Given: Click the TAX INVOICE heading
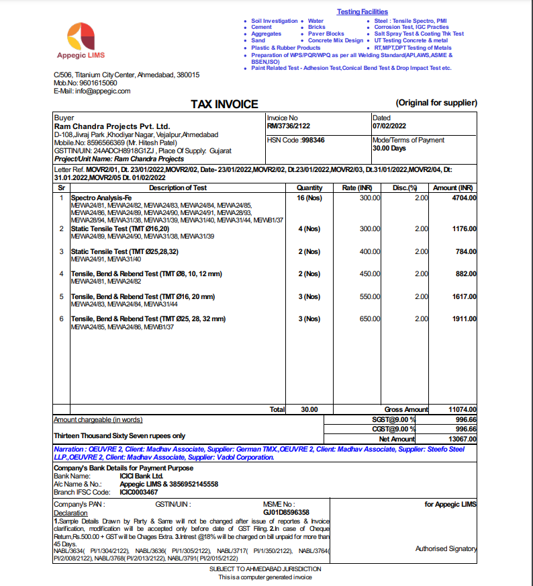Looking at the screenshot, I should (224, 104).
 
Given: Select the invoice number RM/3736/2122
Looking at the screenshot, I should (289, 126).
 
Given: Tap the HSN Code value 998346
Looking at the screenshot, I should (313, 140).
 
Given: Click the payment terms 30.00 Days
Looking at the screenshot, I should (389, 148).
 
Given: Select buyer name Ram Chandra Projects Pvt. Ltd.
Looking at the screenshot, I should (112, 126).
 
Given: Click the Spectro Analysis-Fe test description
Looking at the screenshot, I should (101, 198).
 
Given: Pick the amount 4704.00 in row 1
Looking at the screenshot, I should (463, 198).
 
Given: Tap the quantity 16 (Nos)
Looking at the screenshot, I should (309, 198).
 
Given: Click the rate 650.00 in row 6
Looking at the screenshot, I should (369, 319).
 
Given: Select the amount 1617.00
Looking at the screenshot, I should (463, 296).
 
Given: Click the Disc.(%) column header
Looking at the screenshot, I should (405, 188).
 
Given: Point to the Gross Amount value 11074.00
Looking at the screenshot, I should (462, 409).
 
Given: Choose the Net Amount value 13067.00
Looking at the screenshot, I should (462, 439).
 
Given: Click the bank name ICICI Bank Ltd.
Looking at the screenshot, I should (141, 476).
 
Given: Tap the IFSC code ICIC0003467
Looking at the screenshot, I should (139, 492).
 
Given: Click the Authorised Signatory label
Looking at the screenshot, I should (446, 549).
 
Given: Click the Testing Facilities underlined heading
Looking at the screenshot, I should (362, 12).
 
